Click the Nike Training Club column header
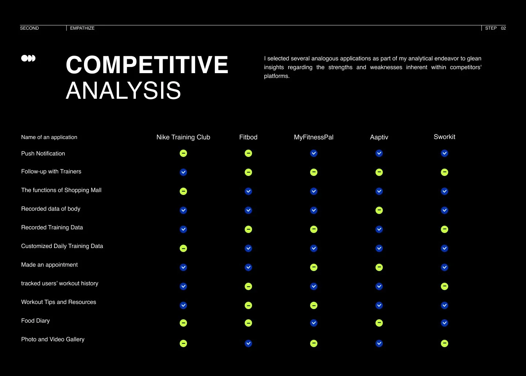(x=183, y=137)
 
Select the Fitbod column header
(x=248, y=137)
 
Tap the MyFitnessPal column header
(x=313, y=137)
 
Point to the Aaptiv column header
(x=379, y=137)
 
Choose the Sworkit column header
(x=444, y=137)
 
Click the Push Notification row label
(x=43, y=154)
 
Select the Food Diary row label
(x=35, y=321)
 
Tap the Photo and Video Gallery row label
(x=53, y=339)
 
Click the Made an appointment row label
(x=49, y=265)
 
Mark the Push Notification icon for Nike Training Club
(x=183, y=153)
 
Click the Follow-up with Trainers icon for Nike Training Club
(x=183, y=172)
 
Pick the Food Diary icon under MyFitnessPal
(x=314, y=323)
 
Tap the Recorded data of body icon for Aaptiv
(x=379, y=210)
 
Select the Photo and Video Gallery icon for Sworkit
(x=445, y=343)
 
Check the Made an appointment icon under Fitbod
(x=248, y=267)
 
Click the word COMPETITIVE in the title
(x=147, y=65)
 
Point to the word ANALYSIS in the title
(x=123, y=91)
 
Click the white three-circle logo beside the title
(x=28, y=58)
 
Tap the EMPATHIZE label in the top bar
(x=82, y=28)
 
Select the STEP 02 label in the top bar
(x=495, y=28)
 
